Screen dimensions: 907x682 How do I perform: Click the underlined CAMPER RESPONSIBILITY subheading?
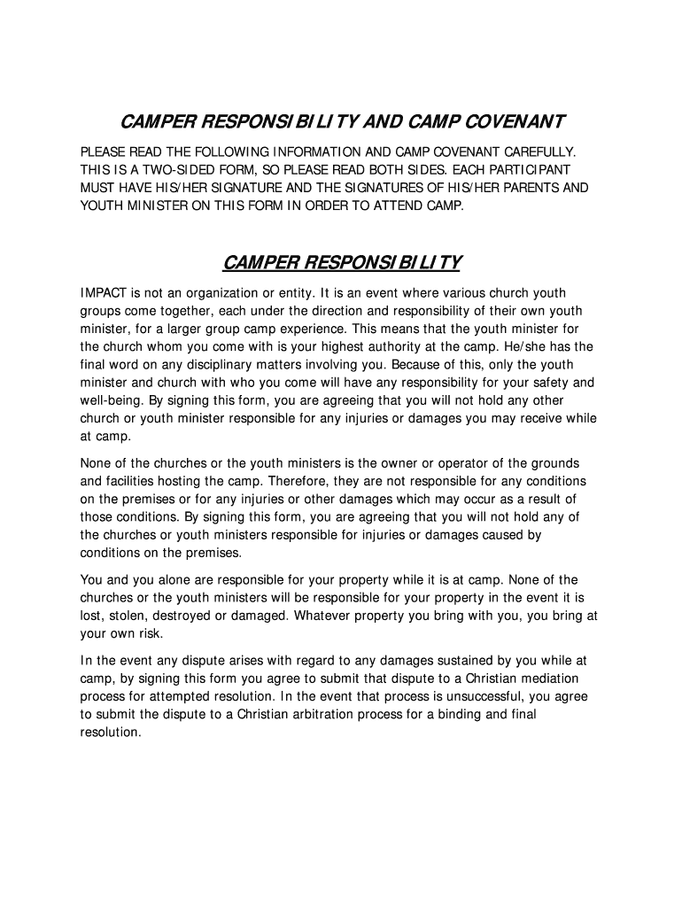tap(341, 263)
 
